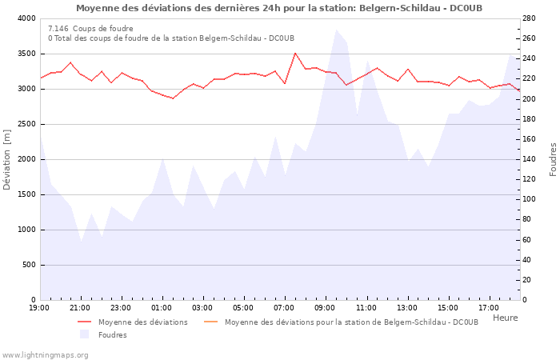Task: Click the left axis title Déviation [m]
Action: (x=8, y=159)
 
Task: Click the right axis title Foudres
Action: (x=552, y=159)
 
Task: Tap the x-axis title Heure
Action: (x=505, y=318)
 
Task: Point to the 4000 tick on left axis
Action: (x=26, y=18)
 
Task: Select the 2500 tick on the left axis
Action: (x=26, y=124)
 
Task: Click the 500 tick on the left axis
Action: (x=29, y=265)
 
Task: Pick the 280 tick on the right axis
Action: (x=532, y=18)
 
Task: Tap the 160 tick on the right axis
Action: (x=532, y=139)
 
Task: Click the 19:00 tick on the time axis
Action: (x=39, y=308)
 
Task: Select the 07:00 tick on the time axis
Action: (x=284, y=308)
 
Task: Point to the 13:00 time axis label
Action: (x=406, y=308)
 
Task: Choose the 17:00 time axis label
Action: (x=488, y=308)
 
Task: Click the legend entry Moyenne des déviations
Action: (x=142, y=322)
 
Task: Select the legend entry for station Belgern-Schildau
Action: (x=351, y=322)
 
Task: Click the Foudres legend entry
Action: (x=112, y=335)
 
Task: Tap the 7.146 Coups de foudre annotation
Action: (x=90, y=28)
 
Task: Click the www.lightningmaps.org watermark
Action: (x=44, y=354)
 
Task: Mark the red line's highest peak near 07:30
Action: (x=295, y=53)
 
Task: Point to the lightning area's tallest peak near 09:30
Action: (x=336, y=30)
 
